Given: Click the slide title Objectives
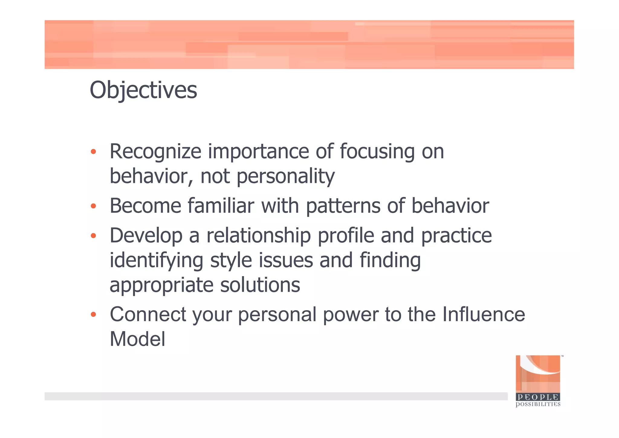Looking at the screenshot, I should coord(143,90).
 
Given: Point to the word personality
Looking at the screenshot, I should coord(286,176).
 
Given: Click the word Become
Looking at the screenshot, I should coord(145,206).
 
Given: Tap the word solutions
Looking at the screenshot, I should coord(260,285).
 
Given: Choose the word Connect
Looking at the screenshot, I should coord(148,314).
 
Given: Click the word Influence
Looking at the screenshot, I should coord(484,314).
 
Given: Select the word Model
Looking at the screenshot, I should coord(138,339).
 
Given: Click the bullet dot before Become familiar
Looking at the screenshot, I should coord(93,206).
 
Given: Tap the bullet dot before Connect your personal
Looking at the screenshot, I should coord(93,315).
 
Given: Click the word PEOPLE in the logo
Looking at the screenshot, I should coord(538,397).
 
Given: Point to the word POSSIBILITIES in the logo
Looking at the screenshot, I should coord(538,404).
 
